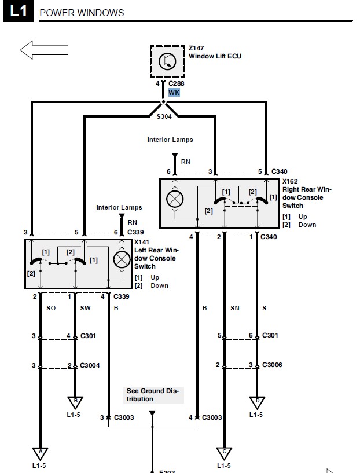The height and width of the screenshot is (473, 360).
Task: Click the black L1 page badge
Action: point(19,11)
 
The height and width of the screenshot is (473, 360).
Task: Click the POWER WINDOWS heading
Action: point(82,13)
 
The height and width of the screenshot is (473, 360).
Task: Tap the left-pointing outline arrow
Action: point(44,50)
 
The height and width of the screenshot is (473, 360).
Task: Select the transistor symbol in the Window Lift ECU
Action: point(167,61)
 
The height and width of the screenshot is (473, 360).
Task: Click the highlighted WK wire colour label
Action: point(174,92)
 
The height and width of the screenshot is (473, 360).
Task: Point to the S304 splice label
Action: point(164,116)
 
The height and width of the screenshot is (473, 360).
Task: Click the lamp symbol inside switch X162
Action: point(175,199)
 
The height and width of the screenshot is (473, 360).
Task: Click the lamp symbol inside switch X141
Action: point(122,260)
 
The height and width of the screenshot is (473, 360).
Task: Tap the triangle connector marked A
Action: point(40,454)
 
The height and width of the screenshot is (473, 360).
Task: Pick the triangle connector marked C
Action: point(224,454)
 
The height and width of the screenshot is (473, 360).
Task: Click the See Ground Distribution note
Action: point(153,395)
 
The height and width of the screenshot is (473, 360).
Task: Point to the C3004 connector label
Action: point(90,365)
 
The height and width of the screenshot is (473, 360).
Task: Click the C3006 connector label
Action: point(272,365)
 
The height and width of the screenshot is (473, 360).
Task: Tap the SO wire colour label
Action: point(51,308)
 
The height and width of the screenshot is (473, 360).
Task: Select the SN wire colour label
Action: point(235,308)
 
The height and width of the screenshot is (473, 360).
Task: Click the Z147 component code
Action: point(196,48)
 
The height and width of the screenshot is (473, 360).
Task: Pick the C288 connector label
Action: point(177,83)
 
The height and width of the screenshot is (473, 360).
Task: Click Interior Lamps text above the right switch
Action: point(170,140)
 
